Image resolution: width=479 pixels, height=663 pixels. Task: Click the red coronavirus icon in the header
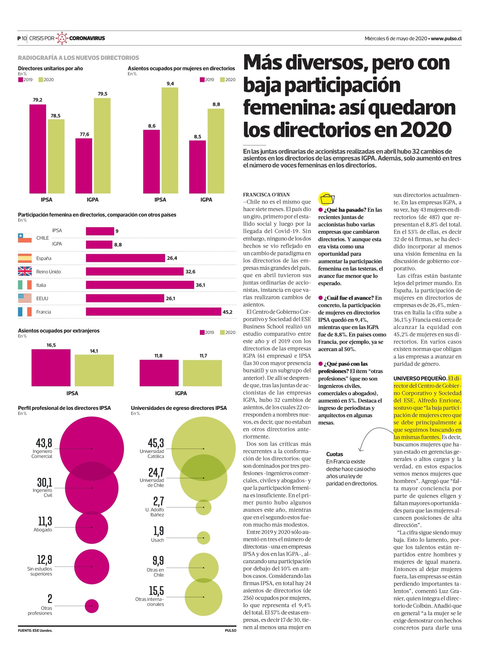62,38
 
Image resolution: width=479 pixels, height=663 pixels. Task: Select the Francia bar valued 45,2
154,312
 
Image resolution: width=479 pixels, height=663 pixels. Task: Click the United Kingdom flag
25,271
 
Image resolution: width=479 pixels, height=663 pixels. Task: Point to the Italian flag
25,285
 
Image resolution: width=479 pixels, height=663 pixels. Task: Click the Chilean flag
25,238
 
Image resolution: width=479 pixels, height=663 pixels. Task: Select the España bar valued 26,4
125,258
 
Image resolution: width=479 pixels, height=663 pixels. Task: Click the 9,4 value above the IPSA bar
170,84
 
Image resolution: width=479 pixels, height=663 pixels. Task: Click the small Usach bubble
203,538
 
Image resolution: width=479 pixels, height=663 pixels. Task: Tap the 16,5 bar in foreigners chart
51,368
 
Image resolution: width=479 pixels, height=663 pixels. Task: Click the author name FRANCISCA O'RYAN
266,195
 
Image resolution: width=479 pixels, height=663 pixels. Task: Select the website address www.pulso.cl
446,38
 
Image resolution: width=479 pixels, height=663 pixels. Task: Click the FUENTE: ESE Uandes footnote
35,631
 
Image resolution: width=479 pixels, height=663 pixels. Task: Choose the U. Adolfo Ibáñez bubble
203,507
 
